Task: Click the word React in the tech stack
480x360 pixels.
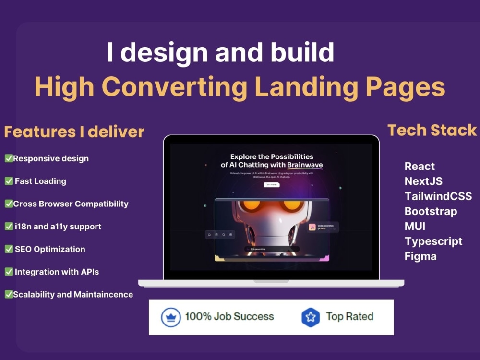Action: click(420, 167)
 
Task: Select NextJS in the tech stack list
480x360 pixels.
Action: click(423, 181)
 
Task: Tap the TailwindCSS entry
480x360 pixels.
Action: click(438, 196)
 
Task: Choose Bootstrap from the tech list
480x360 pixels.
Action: click(431, 211)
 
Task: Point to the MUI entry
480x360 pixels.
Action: click(415, 226)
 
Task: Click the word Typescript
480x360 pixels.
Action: click(433, 241)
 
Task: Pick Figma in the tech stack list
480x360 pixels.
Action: click(420, 256)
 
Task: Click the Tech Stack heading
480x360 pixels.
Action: click(432, 130)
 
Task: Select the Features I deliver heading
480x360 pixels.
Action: click(74, 132)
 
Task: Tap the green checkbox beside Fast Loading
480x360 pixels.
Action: click(9, 181)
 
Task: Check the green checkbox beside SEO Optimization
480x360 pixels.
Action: click(9, 249)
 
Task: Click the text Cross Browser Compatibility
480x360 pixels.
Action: click(71, 204)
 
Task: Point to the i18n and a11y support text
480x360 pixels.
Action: click(57, 227)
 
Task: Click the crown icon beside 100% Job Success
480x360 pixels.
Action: click(170, 317)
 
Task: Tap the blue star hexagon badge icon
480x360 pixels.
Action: click(311, 317)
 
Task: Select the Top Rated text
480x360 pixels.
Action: click(349, 316)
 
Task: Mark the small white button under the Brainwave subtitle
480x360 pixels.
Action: click(272, 184)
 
